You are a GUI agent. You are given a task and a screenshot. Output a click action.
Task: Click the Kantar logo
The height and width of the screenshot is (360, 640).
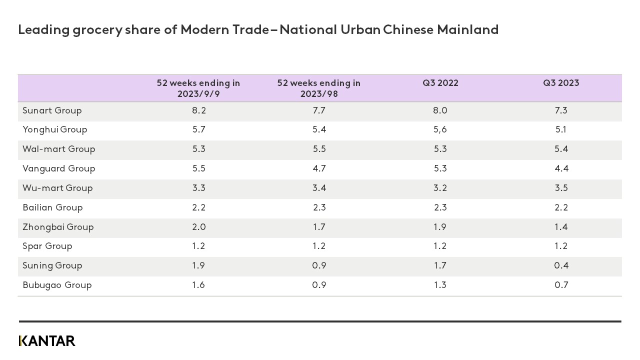click(47, 341)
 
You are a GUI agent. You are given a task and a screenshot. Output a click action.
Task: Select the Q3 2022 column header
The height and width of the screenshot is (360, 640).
click(440, 83)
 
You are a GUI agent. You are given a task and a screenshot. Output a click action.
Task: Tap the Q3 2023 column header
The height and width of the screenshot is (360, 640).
click(561, 83)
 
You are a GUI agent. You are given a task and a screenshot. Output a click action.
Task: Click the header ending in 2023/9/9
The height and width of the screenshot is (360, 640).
click(198, 88)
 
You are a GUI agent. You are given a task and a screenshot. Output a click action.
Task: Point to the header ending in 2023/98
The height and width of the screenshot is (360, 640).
click(318, 88)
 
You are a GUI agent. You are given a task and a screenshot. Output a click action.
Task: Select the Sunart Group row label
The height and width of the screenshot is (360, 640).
click(52, 110)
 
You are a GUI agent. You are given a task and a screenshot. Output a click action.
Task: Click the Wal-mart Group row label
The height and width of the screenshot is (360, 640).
click(58, 149)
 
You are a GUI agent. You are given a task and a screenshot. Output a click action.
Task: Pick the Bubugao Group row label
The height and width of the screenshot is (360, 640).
click(57, 285)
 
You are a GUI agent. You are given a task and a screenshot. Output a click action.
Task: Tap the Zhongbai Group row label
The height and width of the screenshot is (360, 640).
click(58, 227)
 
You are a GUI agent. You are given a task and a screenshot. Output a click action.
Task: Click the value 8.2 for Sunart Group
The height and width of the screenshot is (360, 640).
click(198, 110)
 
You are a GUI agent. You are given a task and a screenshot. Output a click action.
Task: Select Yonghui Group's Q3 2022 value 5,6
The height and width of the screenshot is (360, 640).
click(440, 130)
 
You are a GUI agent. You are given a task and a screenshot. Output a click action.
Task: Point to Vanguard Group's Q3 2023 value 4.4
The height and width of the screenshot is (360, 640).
click(561, 169)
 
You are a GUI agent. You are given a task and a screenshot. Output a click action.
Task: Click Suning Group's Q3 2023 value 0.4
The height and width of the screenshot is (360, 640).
click(561, 266)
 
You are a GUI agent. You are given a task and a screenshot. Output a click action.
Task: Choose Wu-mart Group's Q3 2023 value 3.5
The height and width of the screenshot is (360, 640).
click(561, 188)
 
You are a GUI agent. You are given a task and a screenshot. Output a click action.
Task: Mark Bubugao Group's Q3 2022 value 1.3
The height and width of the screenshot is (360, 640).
click(440, 285)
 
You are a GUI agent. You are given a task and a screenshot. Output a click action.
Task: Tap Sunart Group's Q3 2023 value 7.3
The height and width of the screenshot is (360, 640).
click(561, 110)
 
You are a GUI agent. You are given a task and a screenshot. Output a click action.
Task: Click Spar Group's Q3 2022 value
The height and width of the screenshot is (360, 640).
click(440, 246)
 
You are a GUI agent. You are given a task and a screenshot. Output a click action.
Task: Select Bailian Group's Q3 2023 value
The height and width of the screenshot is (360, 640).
click(561, 208)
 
